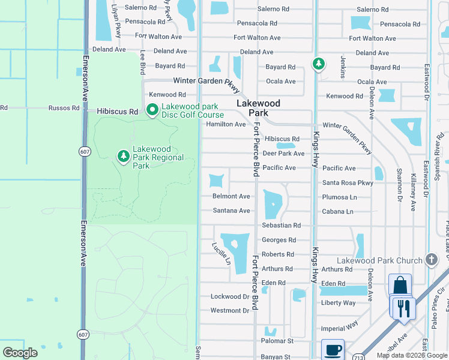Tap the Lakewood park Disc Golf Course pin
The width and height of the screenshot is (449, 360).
(152, 110)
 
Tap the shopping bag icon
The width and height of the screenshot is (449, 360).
(400, 286)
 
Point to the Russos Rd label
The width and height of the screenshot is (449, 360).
(64, 108)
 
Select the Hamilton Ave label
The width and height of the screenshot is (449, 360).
(226, 124)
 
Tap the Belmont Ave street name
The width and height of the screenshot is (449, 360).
(231, 196)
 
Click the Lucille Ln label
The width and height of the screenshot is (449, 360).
(220, 253)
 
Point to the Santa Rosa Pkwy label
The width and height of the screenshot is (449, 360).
(348, 183)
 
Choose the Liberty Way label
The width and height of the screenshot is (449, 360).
(339, 303)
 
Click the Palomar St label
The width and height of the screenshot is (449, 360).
(277, 341)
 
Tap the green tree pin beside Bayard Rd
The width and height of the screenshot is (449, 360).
(318, 64)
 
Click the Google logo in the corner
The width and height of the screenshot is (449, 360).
(20, 353)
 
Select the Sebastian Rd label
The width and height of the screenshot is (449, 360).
(281, 225)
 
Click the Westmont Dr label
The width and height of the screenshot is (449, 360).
(229, 310)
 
